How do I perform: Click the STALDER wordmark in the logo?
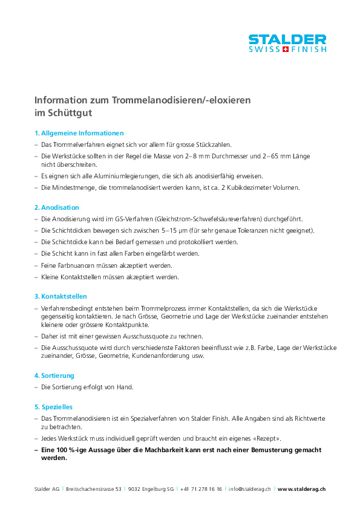tap(287, 39)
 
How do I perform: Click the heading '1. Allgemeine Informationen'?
tap(79, 133)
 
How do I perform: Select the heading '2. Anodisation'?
tap(57, 207)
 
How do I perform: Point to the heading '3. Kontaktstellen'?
tap(61, 296)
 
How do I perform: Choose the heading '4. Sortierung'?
tap(54, 375)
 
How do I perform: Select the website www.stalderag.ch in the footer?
tap(302, 488)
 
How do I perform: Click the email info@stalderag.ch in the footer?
tap(250, 488)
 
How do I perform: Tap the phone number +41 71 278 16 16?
tap(201, 488)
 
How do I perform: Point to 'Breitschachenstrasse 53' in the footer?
tap(94, 488)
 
